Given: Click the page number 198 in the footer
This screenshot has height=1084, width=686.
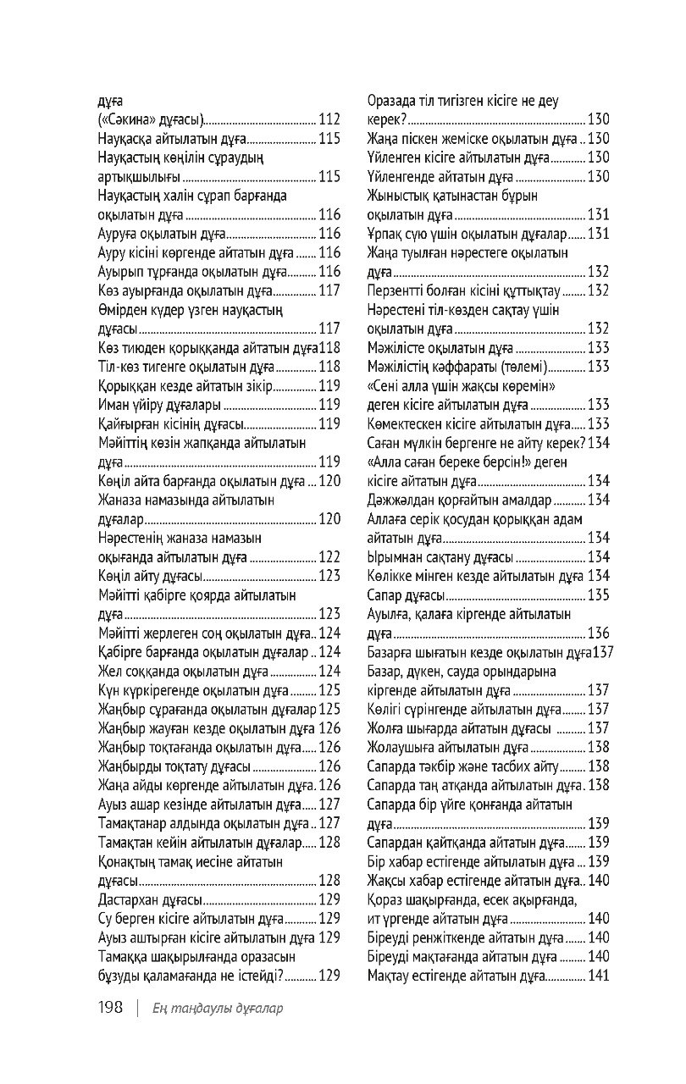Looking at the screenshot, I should tap(112, 1008).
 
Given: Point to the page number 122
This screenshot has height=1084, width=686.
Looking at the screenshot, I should tap(329, 556).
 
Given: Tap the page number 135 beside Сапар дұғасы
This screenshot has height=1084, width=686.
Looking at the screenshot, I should tap(599, 595).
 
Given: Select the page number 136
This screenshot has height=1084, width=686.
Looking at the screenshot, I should tap(599, 633).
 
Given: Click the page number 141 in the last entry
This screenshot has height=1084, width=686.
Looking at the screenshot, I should tap(599, 976).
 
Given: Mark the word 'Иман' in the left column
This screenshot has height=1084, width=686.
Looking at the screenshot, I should tap(113, 405).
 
